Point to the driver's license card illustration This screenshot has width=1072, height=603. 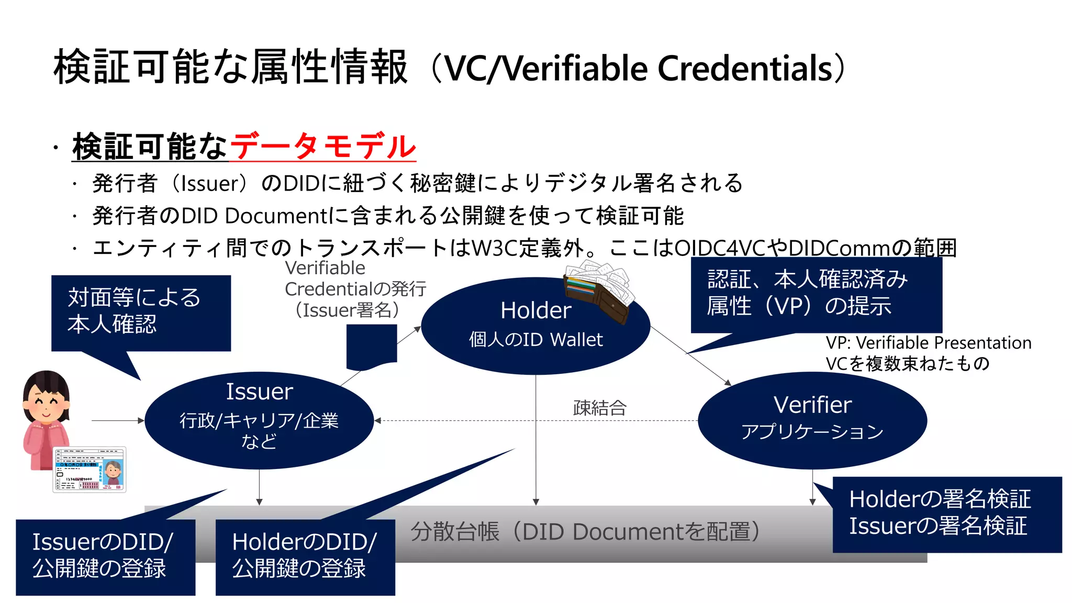[x=90, y=470]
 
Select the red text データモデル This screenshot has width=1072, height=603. [x=322, y=146]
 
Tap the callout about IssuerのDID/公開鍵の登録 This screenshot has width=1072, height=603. [x=105, y=556]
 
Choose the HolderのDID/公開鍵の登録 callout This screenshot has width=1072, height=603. [x=305, y=556]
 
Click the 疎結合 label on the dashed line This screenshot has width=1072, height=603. [x=599, y=408]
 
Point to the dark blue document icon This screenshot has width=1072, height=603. [x=372, y=345]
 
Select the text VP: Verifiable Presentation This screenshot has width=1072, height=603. [x=928, y=343]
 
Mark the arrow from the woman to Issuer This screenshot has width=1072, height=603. [x=117, y=420]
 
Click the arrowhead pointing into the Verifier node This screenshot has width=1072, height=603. [x=727, y=383]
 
